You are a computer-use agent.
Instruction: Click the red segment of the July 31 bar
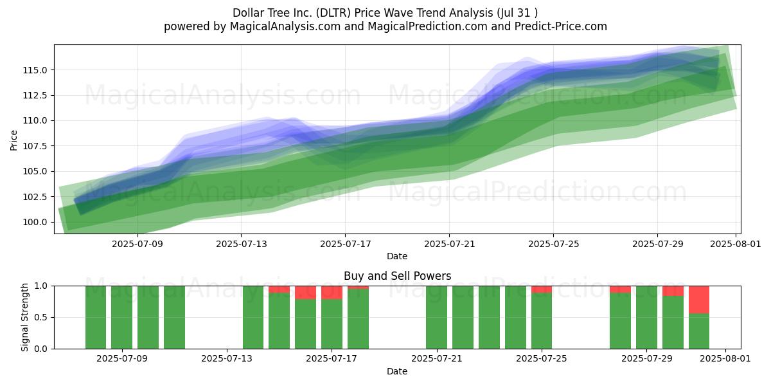click(699, 300)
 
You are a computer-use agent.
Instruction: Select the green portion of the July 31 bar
click(699, 331)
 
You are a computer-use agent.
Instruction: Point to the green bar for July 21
click(437, 317)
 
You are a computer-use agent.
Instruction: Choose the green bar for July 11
click(174, 317)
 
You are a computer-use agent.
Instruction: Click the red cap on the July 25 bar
click(542, 289)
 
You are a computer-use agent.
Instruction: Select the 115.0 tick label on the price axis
click(35, 70)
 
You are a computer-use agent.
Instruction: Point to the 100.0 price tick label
click(35, 223)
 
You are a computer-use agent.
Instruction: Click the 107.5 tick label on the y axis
click(35, 146)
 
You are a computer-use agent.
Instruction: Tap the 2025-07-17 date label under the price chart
click(346, 244)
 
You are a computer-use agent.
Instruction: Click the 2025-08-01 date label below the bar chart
click(725, 359)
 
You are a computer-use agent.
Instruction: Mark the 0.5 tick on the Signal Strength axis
click(41, 317)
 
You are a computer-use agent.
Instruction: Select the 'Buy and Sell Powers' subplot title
click(398, 276)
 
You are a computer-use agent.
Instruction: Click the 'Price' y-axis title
click(13, 140)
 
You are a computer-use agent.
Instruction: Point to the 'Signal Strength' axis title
click(24, 317)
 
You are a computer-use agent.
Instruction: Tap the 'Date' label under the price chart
click(397, 256)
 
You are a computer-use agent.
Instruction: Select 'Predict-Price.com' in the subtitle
click(561, 26)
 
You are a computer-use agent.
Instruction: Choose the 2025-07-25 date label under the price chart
click(554, 244)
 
